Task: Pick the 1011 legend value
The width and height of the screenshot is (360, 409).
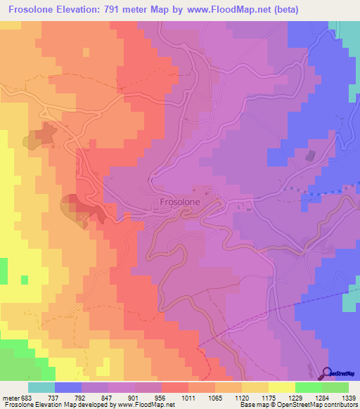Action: pyautogui.click(x=188, y=397)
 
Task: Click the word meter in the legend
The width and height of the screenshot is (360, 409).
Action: pyautogui.click(x=12, y=397)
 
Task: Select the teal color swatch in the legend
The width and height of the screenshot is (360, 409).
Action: pyautogui.click(x=41, y=387)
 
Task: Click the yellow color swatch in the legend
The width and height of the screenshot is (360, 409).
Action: pyautogui.click(x=281, y=387)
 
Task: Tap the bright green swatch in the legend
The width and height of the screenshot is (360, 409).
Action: pyautogui.click(x=308, y=387)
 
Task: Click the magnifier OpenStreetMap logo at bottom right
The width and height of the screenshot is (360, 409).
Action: pyautogui.click(x=328, y=375)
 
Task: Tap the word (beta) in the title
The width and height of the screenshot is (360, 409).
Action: pyautogui.click(x=284, y=10)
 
